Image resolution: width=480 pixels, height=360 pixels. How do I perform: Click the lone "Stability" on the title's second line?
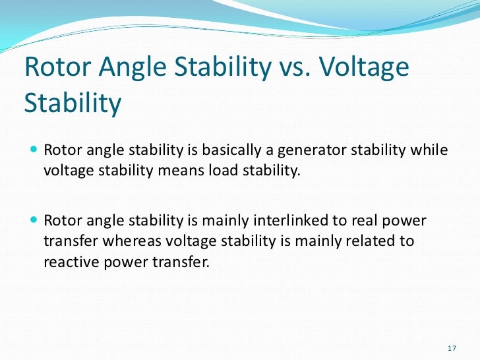(73, 104)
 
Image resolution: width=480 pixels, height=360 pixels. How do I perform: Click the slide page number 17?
(452, 347)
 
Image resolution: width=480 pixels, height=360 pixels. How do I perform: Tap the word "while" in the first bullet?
(428, 150)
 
